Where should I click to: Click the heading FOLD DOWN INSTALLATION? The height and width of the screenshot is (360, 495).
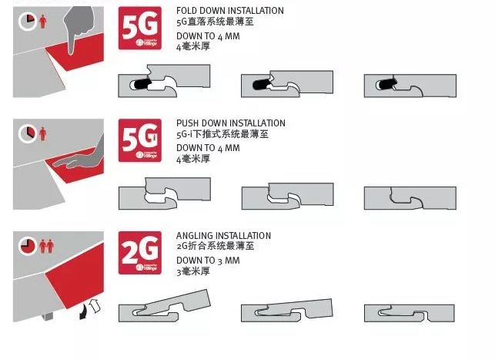point(229,11)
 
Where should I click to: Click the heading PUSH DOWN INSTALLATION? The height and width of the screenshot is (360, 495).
point(230,123)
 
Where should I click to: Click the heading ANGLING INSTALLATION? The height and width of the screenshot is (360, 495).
point(223,236)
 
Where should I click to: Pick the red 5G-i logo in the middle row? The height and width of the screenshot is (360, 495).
point(139,140)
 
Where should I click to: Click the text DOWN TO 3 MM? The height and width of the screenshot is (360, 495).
point(208,261)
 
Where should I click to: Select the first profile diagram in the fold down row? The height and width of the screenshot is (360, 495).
point(164,81)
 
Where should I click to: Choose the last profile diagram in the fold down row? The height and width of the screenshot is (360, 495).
point(410,83)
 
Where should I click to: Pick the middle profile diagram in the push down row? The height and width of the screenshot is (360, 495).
point(286,196)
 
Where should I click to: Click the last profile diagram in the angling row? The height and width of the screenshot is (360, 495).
point(410,311)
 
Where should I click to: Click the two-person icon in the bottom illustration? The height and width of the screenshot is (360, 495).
point(46,246)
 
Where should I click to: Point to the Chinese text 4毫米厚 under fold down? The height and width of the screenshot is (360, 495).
point(192,46)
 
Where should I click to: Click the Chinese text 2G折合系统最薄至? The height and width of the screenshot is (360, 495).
point(215,247)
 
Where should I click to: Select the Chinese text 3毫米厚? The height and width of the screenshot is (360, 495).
point(192,271)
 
